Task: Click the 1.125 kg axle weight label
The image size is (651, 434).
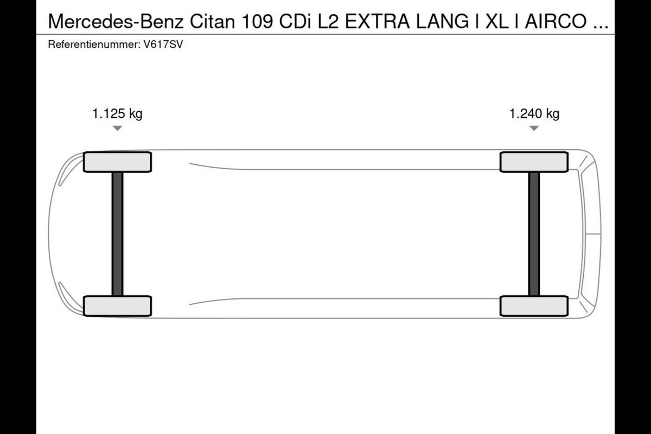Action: click(117, 114)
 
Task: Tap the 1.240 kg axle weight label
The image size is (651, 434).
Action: click(534, 114)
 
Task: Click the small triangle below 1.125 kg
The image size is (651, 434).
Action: click(117, 128)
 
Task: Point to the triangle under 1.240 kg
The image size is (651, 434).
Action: click(534, 128)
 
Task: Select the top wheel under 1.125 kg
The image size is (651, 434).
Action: click(117, 162)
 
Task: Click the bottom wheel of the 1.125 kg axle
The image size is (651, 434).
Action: click(117, 306)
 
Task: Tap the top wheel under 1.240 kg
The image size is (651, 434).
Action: click(534, 162)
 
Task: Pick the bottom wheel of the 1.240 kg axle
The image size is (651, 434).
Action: click(534, 306)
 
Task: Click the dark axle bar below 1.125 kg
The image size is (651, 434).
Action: click(117, 234)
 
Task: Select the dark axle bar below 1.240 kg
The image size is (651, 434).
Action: click(534, 234)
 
